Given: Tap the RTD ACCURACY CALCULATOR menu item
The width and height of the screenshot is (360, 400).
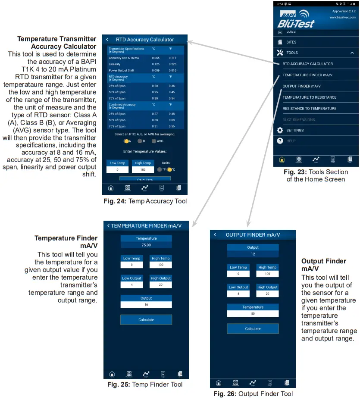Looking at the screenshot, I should (x=307, y=64).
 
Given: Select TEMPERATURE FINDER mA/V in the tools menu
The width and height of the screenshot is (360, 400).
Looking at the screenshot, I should (x=307, y=75).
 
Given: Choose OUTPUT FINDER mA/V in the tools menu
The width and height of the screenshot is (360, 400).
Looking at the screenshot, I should (x=301, y=86).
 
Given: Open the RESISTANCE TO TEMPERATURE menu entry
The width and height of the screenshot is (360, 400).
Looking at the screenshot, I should (x=309, y=109).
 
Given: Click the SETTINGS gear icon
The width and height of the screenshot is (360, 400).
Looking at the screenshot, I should (x=280, y=130).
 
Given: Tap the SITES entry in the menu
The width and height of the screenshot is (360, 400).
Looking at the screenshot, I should (x=291, y=42).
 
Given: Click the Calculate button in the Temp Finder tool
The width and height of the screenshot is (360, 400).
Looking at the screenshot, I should (x=146, y=320).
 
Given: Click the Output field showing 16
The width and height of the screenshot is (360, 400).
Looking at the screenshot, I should (x=146, y=304).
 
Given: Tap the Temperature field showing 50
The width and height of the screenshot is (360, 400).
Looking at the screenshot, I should (x=253, y=313).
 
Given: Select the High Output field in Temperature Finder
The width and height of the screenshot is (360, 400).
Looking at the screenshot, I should (x=160, y=284).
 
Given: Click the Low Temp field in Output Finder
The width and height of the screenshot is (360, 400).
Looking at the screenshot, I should (x=238, y=274).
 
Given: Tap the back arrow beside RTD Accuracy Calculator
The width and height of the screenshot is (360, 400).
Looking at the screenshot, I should (x=107, y=40).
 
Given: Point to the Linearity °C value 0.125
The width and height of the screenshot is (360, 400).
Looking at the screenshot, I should (x=156, y=64).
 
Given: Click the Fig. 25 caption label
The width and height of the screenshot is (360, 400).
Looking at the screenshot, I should (x=145, y=384).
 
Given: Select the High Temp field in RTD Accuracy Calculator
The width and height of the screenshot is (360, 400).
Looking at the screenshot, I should (x=143, y=170).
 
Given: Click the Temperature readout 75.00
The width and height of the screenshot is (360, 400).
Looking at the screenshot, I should (x=146, y=245).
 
